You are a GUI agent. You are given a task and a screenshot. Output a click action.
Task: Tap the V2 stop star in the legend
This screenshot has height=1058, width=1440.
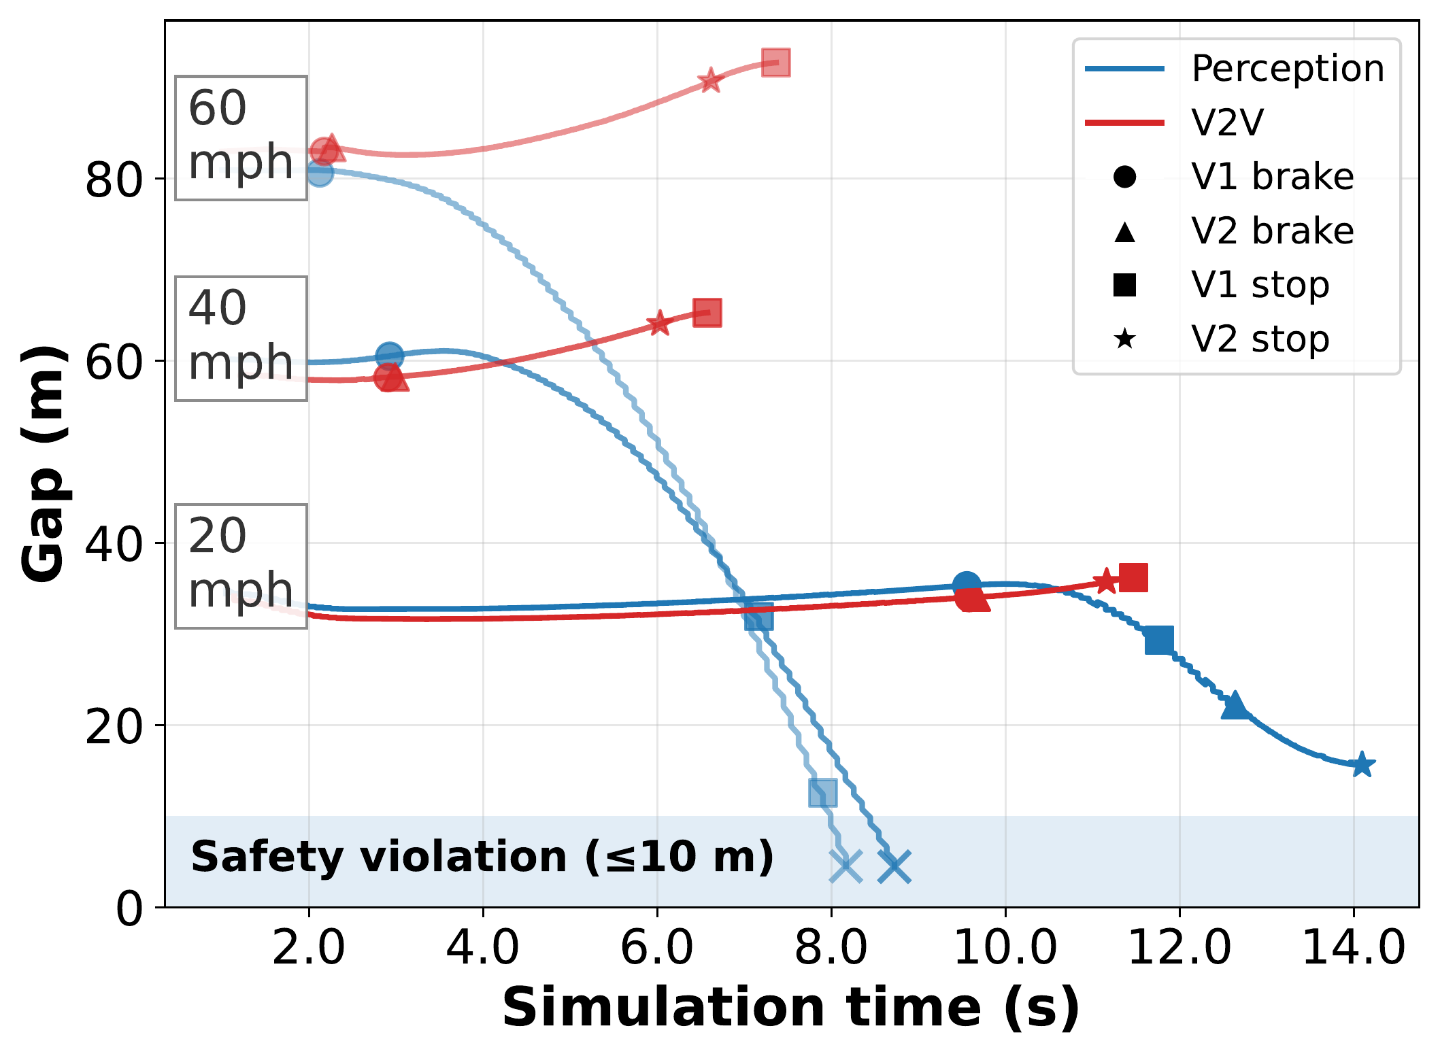(1125, 339)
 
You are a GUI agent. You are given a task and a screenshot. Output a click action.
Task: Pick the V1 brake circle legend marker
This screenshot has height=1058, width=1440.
(1125, 177)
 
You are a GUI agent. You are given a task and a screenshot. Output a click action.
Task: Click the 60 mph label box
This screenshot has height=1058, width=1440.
(241, 137)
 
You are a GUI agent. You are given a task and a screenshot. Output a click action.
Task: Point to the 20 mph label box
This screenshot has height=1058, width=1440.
(241, 566)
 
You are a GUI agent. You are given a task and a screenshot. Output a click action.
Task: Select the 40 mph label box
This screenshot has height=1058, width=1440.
(241, 338)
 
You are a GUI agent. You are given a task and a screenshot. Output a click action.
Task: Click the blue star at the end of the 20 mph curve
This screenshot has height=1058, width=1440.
(1361, 765)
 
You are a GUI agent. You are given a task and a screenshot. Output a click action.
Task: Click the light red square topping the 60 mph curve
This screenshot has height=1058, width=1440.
(775, 63)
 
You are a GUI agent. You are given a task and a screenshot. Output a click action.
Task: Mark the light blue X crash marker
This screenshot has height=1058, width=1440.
(845, 866)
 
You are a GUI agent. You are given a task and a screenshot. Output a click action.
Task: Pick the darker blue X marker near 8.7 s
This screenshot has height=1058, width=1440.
(894, 866)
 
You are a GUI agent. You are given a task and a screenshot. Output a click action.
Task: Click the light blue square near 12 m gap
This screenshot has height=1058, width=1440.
(822, 793)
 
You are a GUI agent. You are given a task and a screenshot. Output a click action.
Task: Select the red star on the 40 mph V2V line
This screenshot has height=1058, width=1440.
(658, 323)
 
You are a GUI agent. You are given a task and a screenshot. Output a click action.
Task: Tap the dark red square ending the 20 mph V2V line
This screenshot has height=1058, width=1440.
(1133, 578)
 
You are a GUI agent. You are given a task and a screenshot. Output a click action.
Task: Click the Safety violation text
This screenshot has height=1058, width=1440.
(482, 857)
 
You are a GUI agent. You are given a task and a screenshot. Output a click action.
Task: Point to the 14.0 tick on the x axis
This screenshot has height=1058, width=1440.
(1353, 948)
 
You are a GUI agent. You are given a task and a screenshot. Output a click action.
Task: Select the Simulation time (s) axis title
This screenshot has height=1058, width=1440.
(790, 1008)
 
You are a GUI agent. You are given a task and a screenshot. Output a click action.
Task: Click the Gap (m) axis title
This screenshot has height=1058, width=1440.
(44, 464)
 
